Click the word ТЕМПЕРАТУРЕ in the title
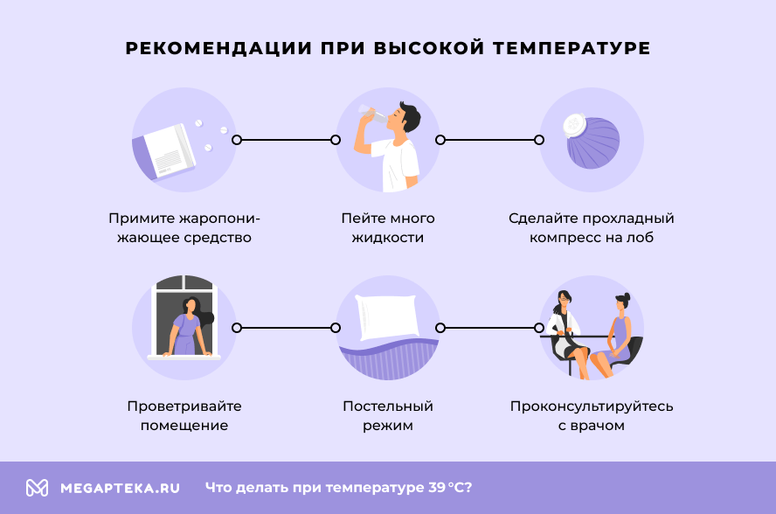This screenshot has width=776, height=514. [572, 48]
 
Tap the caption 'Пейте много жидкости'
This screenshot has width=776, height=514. [387, 227]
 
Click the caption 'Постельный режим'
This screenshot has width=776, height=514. [387, 416]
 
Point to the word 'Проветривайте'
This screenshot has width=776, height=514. [184, 406]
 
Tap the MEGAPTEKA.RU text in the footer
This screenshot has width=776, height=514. [120, 488]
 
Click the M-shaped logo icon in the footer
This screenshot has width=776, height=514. [37, 488]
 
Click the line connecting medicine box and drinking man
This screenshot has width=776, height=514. [286, 139]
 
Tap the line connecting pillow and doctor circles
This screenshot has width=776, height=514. [489, 328]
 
